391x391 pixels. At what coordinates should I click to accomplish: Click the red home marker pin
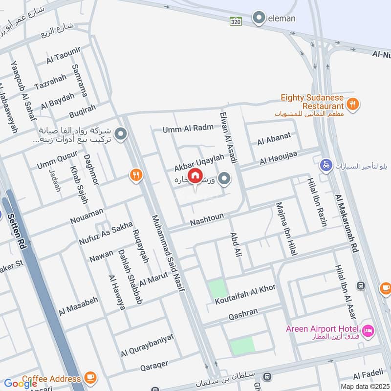(x=195, y=175)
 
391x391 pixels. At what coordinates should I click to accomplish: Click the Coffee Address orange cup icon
(x=90, y=377)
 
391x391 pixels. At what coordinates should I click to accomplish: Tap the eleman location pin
(x=259, y=19)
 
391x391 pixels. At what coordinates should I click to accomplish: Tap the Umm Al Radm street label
(x=188, y=128)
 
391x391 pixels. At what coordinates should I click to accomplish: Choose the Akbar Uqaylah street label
(x=199, y=163)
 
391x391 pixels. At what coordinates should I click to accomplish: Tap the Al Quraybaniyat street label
(x=147, y=346)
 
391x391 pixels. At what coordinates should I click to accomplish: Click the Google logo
(x=21, y=384)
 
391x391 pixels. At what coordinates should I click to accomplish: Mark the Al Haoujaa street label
(x=279, y=157)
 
